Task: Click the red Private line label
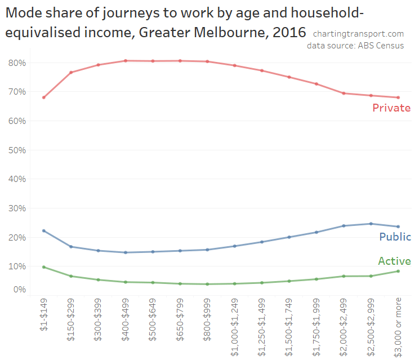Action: (391, 108)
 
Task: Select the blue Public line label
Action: (394, 237)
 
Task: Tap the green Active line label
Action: (394, 261)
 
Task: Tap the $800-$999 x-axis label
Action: (208, 319)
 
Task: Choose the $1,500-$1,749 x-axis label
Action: (289, 325)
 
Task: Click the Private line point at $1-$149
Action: (44, 97)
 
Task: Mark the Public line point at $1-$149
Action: (44, 231)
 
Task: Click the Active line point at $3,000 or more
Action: (399, 271)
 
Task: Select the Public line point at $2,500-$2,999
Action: (371, 224)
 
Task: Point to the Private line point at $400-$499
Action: (126, 61)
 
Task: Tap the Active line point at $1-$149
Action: (44, 267)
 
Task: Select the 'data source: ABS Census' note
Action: (355, 46)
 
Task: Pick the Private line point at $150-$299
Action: (71, 72)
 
